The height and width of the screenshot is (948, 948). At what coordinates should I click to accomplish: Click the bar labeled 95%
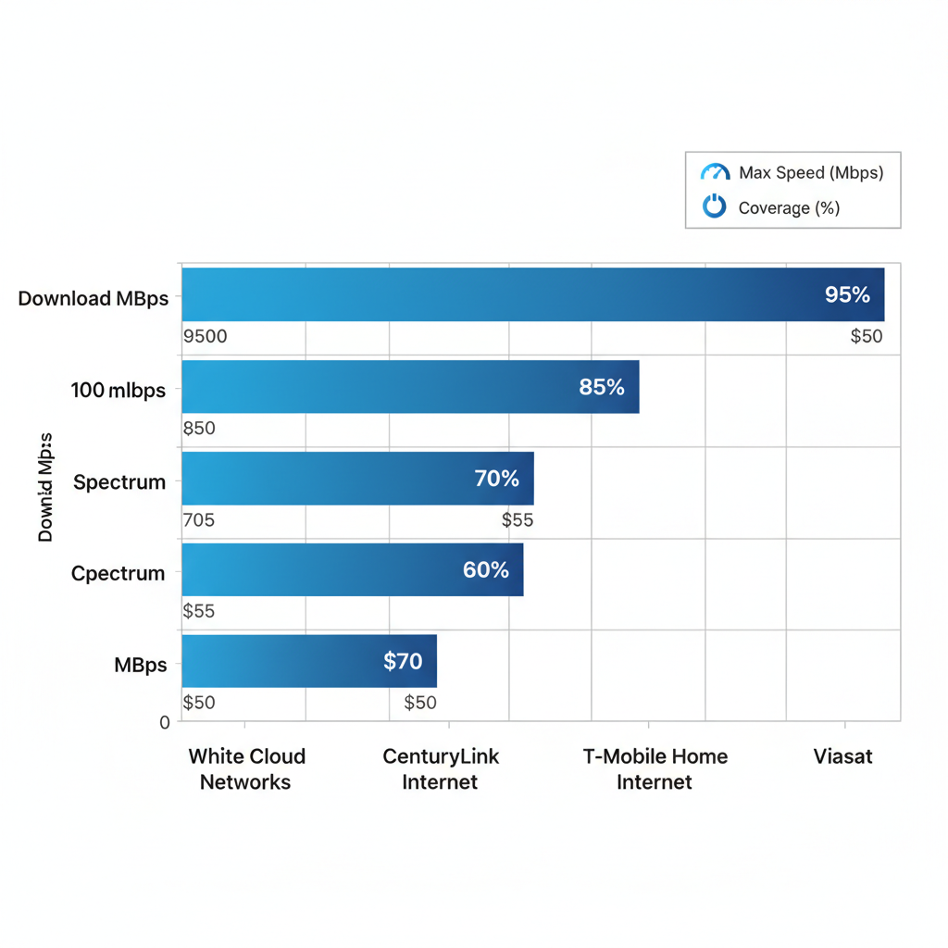coord(532,294)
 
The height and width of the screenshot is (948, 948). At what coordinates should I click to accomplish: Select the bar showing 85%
coord(410,386)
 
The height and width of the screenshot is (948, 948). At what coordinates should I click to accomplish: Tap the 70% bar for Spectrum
coord(357,478)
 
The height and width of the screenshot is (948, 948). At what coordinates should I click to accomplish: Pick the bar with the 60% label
coord(353,569)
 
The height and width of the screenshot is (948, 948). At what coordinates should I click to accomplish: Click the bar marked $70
coord(309,660)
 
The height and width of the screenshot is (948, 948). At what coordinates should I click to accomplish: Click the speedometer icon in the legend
coord(715,173)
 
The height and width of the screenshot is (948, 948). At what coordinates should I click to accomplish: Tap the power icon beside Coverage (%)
coord(715,206)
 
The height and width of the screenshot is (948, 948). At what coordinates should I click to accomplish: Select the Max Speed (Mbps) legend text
coord(811,173)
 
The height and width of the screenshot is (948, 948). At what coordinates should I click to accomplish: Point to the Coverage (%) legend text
coord(789,208)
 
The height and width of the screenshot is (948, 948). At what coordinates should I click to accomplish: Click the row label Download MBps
coord(93,299)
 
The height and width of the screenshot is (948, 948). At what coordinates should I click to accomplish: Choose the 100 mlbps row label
coord(118,390)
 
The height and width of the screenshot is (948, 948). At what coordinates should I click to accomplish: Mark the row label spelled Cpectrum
coord(118,573)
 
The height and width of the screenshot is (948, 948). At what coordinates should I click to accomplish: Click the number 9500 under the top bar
coord(205,336)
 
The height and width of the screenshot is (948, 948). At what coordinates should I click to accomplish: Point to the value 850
coord(199,429)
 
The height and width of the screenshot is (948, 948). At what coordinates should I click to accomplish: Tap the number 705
coord(199,520)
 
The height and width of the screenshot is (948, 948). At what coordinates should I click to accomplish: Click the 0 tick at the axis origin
coord(165,722)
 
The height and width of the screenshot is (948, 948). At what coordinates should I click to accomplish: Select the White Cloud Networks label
coord(246,769)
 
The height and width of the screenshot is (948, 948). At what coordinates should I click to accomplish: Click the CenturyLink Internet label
coord(441,769)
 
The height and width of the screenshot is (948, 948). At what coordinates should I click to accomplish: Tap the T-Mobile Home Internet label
coord(655,769)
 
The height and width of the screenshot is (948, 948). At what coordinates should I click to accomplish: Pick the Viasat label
coord(842,756)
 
